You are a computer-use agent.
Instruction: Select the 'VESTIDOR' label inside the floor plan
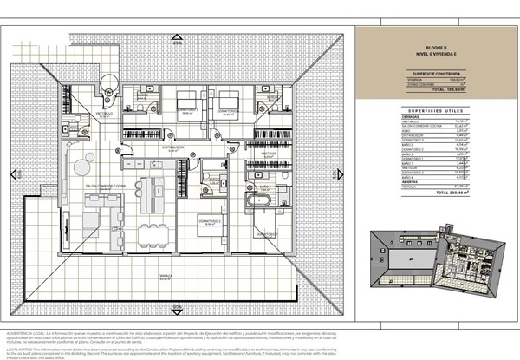[x=269, y=154]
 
